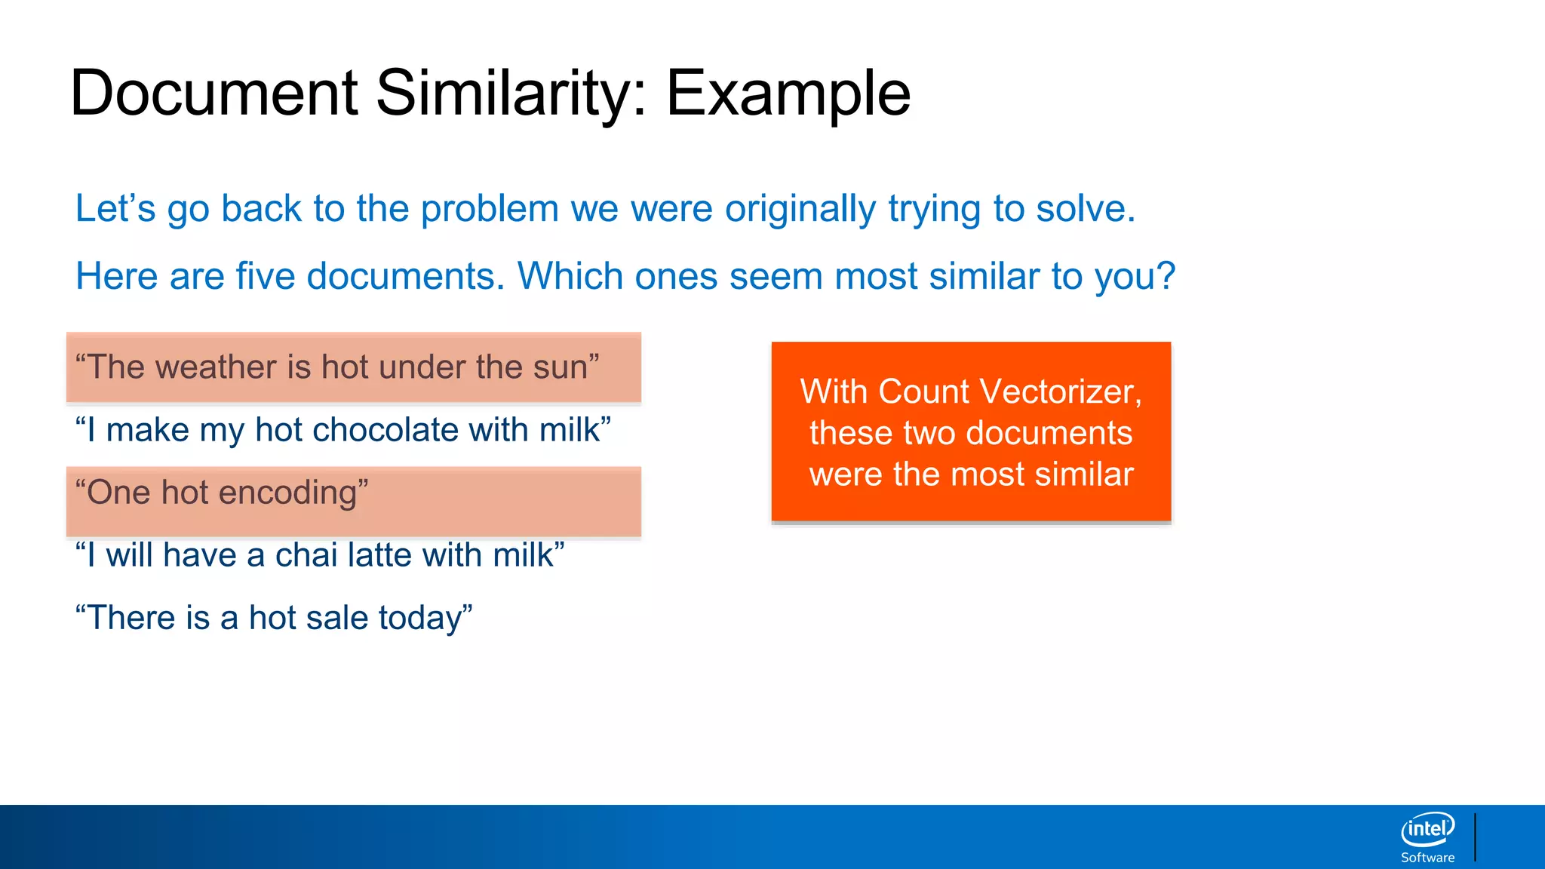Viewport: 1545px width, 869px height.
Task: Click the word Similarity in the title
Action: pos(511,94)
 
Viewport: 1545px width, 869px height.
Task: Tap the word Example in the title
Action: pos(788,94)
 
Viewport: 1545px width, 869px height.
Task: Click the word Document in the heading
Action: pos(213,94)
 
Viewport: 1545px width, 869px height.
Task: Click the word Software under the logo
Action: pos(1427,858)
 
